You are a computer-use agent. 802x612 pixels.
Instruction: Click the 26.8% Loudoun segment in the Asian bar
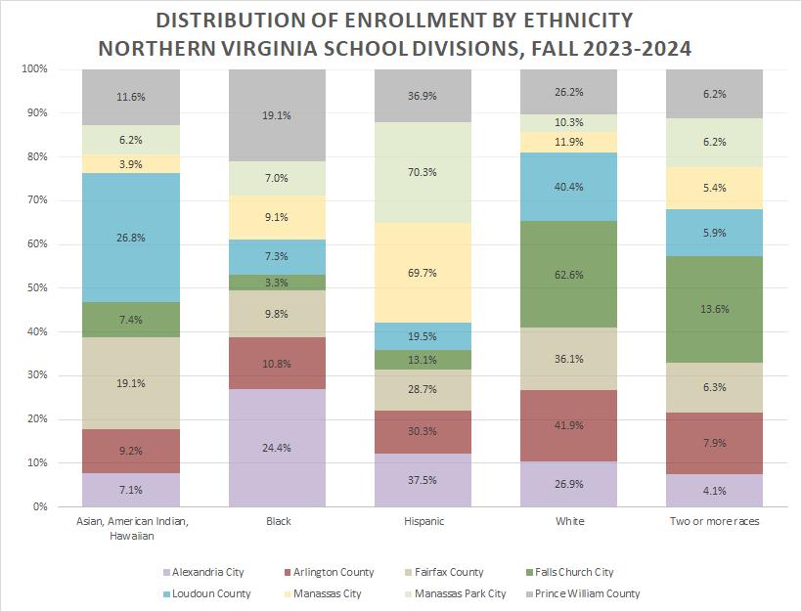pyautogui.click(x=130, y=238)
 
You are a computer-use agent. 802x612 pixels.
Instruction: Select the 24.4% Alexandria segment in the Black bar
pyautogui.click(x=277, y=447)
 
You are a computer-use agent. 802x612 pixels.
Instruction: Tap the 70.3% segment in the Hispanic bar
pyautogui.click(x=423, y=172)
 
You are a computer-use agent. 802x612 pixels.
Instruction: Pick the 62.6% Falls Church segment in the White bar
pyautogui.click(x=569, y=275)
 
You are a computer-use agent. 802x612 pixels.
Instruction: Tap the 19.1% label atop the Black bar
pyautogui.click(x=277, y=114)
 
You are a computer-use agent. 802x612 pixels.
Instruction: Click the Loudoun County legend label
pyautogui.click(x=210, y=593)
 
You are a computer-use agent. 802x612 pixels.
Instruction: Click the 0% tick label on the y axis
pyautogui.click(x=39, y=506)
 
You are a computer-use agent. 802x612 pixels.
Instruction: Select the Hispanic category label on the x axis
pyautogui.click(x=423, y=522)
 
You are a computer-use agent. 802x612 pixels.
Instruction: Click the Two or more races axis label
pyautogui.click(x=715, y=522)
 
